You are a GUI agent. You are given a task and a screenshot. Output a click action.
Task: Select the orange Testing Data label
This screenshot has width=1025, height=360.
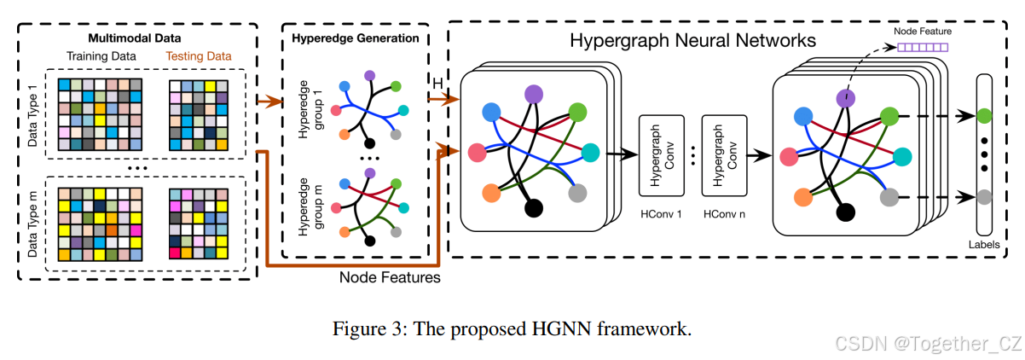point(198,56)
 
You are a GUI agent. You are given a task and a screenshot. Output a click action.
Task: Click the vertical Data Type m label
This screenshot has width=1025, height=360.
point(33,224)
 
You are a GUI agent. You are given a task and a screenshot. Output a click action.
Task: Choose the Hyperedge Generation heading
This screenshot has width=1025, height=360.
point(355,38)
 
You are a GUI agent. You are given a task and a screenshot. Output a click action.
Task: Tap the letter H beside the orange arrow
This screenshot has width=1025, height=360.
point(437,83)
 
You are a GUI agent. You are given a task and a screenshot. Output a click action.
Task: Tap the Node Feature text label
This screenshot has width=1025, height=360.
point(922,32)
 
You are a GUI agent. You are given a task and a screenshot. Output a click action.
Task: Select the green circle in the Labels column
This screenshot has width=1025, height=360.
point(985,114)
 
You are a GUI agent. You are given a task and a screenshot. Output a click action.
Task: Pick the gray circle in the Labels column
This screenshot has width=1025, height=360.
point(985,196)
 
